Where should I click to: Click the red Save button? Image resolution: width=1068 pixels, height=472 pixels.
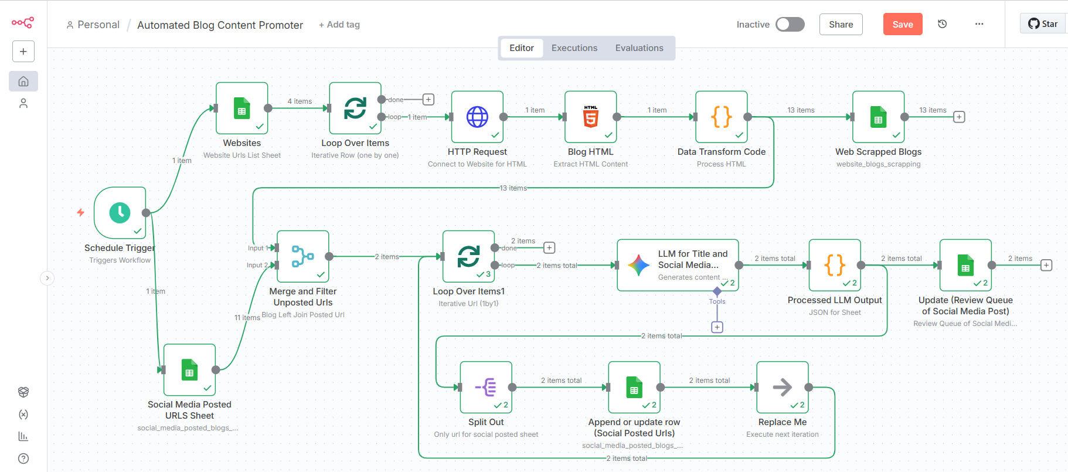coord(902,24)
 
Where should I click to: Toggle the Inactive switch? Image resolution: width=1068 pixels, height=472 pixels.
coord(790,24)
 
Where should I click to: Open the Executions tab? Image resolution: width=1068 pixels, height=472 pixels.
coord(574,48)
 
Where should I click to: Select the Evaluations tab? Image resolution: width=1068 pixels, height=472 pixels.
coord(639,48)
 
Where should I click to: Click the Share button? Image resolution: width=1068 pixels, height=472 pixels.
coord(841,24)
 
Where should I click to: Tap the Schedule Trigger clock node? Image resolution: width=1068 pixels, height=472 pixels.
coord(120,212)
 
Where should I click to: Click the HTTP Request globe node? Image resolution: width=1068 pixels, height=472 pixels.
coord(477,117)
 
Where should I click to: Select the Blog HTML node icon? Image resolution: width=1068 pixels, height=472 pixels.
coord(590,117)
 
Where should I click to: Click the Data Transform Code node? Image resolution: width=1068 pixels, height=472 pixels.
coord(721,117)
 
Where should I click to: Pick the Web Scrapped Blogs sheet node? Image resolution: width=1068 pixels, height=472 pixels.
coord(878,117)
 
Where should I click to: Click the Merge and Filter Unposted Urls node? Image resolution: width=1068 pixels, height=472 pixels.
coord(302,256)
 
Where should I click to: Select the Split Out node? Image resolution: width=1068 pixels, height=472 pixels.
coord(486,387)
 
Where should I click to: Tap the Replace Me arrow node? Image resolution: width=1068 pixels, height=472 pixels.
coord(782,387)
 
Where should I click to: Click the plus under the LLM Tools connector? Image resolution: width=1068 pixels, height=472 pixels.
coord(717,327)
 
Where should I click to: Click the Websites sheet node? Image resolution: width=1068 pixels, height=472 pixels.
coord(242,108)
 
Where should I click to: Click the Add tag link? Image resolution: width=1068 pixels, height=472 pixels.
coord(339,25)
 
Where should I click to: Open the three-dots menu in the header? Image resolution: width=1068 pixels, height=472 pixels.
coord(979,24)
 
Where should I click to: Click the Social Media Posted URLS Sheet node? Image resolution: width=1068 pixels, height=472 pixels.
coord(189,370)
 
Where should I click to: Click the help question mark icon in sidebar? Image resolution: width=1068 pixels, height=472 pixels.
coord(23,459)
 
